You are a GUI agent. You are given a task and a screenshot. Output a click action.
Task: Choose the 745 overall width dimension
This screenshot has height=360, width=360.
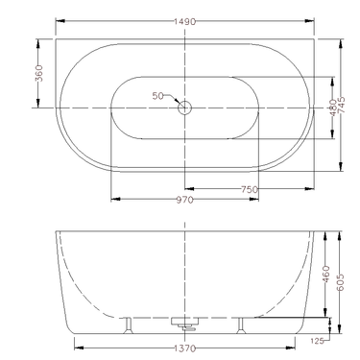pyautogui.click(x=343, y=108)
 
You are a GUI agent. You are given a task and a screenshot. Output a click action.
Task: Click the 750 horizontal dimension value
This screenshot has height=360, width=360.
pyautogui.click(x=250, y=190)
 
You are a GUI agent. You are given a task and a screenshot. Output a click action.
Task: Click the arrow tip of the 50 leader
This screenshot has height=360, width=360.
pyautogui.click(x=180, y=104)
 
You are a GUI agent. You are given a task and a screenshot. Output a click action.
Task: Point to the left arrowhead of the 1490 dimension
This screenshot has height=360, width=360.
pyautogui.click(x=59, y=20)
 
